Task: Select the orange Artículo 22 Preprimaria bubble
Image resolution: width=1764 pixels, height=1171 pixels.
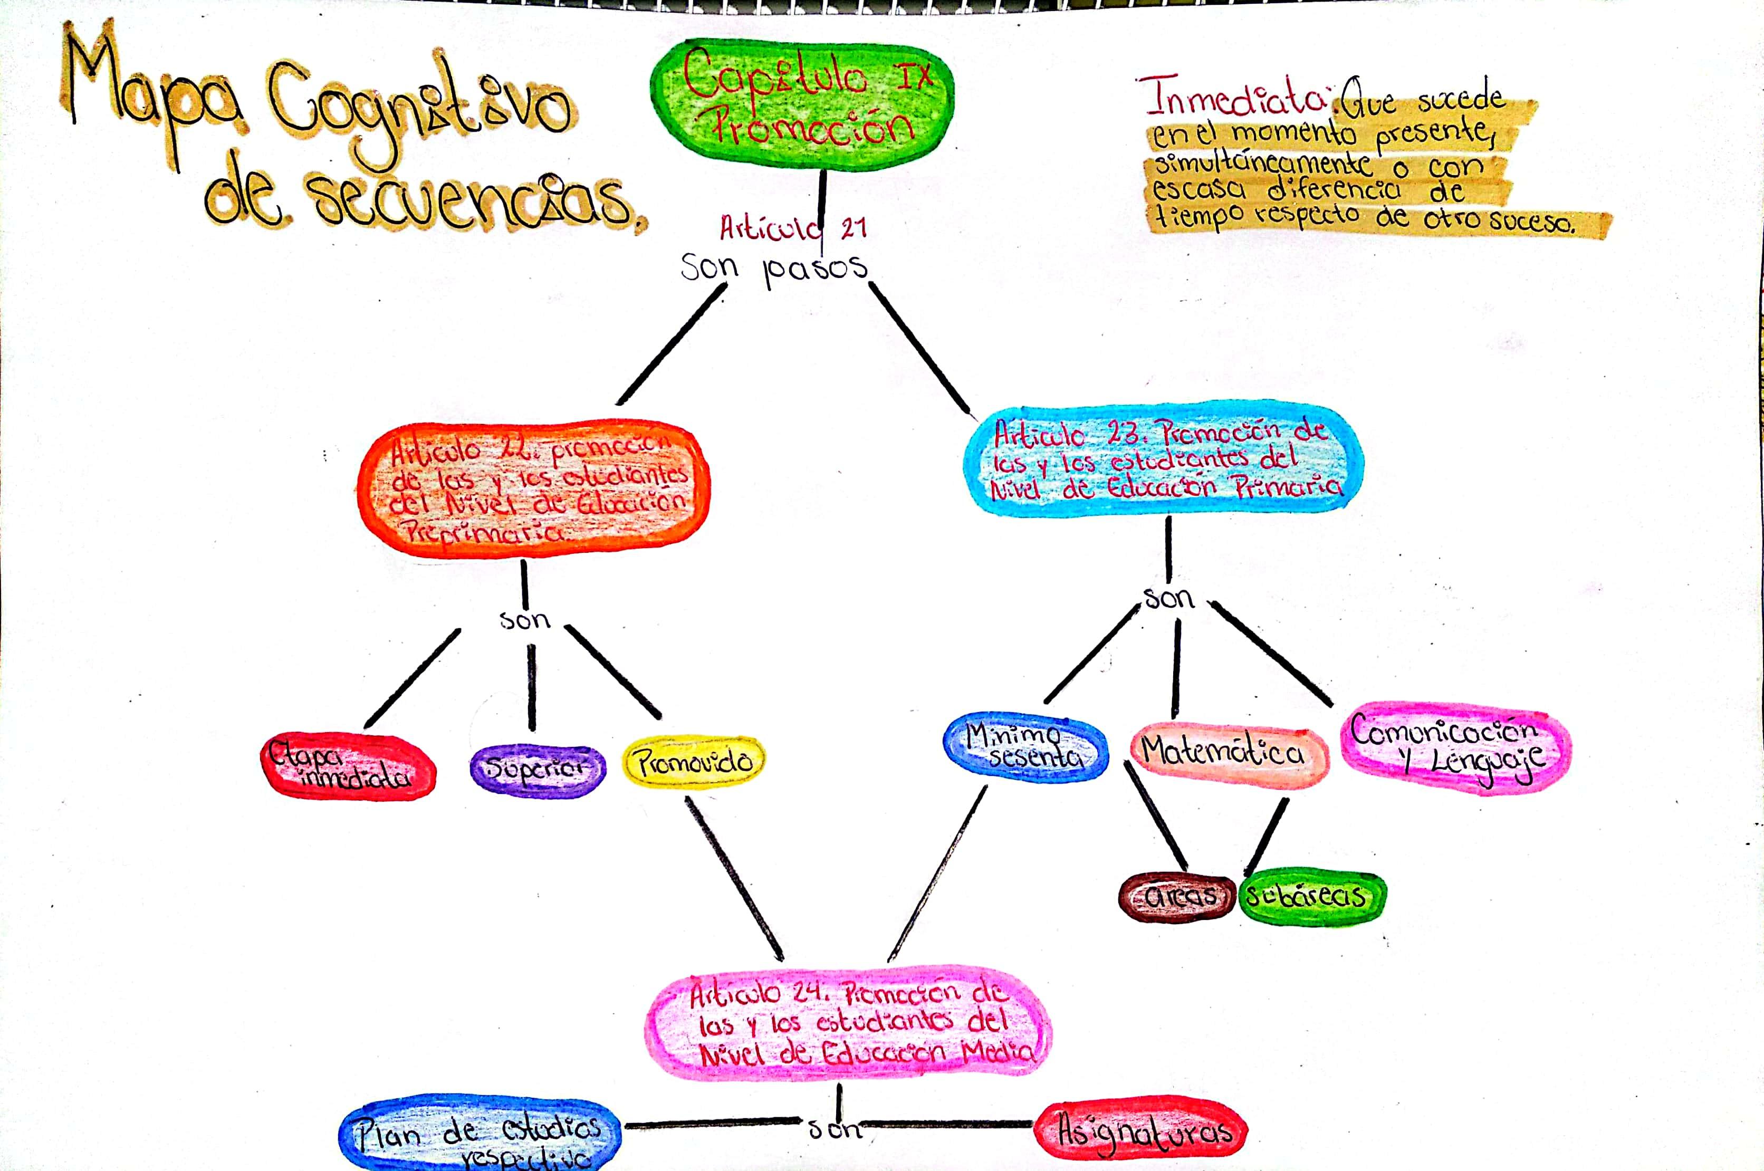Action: [x=534, y=489]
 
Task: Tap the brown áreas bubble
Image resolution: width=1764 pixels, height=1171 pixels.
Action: [x=1177, y=896]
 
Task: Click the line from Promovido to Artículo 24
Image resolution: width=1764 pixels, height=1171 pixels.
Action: [x=734, y=878]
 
